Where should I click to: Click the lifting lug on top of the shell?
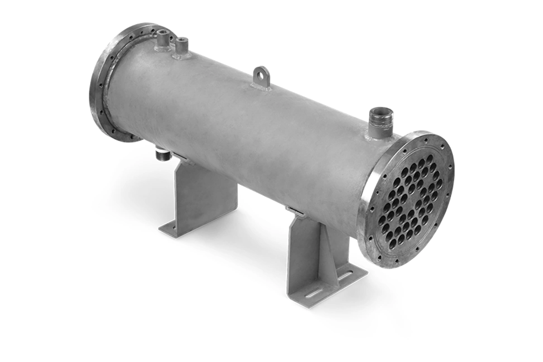click(x=262, y=77)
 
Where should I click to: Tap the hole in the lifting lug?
click(x=262, y=73)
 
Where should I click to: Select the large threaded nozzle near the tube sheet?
click(x=380, y=122)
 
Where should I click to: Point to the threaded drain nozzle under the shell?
click(x=163, y=155)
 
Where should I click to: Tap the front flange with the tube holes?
click(x=407, y=199)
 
